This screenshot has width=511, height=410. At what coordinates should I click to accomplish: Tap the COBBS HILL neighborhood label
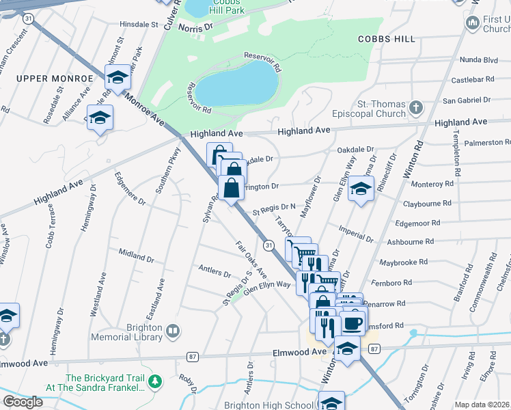[x=387, y=39]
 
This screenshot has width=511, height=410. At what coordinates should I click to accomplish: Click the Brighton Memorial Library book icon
[x=174, y=332]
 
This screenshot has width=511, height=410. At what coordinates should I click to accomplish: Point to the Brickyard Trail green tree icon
[x=156, y=381]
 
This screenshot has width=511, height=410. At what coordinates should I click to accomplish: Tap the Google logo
[x=23, y=402]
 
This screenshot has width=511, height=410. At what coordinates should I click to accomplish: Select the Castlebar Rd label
[x=472, y=80]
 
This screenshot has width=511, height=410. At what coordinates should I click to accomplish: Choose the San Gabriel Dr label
[x=467, y=100]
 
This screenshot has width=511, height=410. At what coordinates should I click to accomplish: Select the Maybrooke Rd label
[x=404, y=262]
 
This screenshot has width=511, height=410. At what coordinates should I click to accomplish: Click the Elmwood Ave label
[x=301, y=352]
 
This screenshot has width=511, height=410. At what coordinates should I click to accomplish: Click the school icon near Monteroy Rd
[x=359, y=189]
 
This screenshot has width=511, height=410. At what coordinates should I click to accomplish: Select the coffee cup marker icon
[x=353, y=322]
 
